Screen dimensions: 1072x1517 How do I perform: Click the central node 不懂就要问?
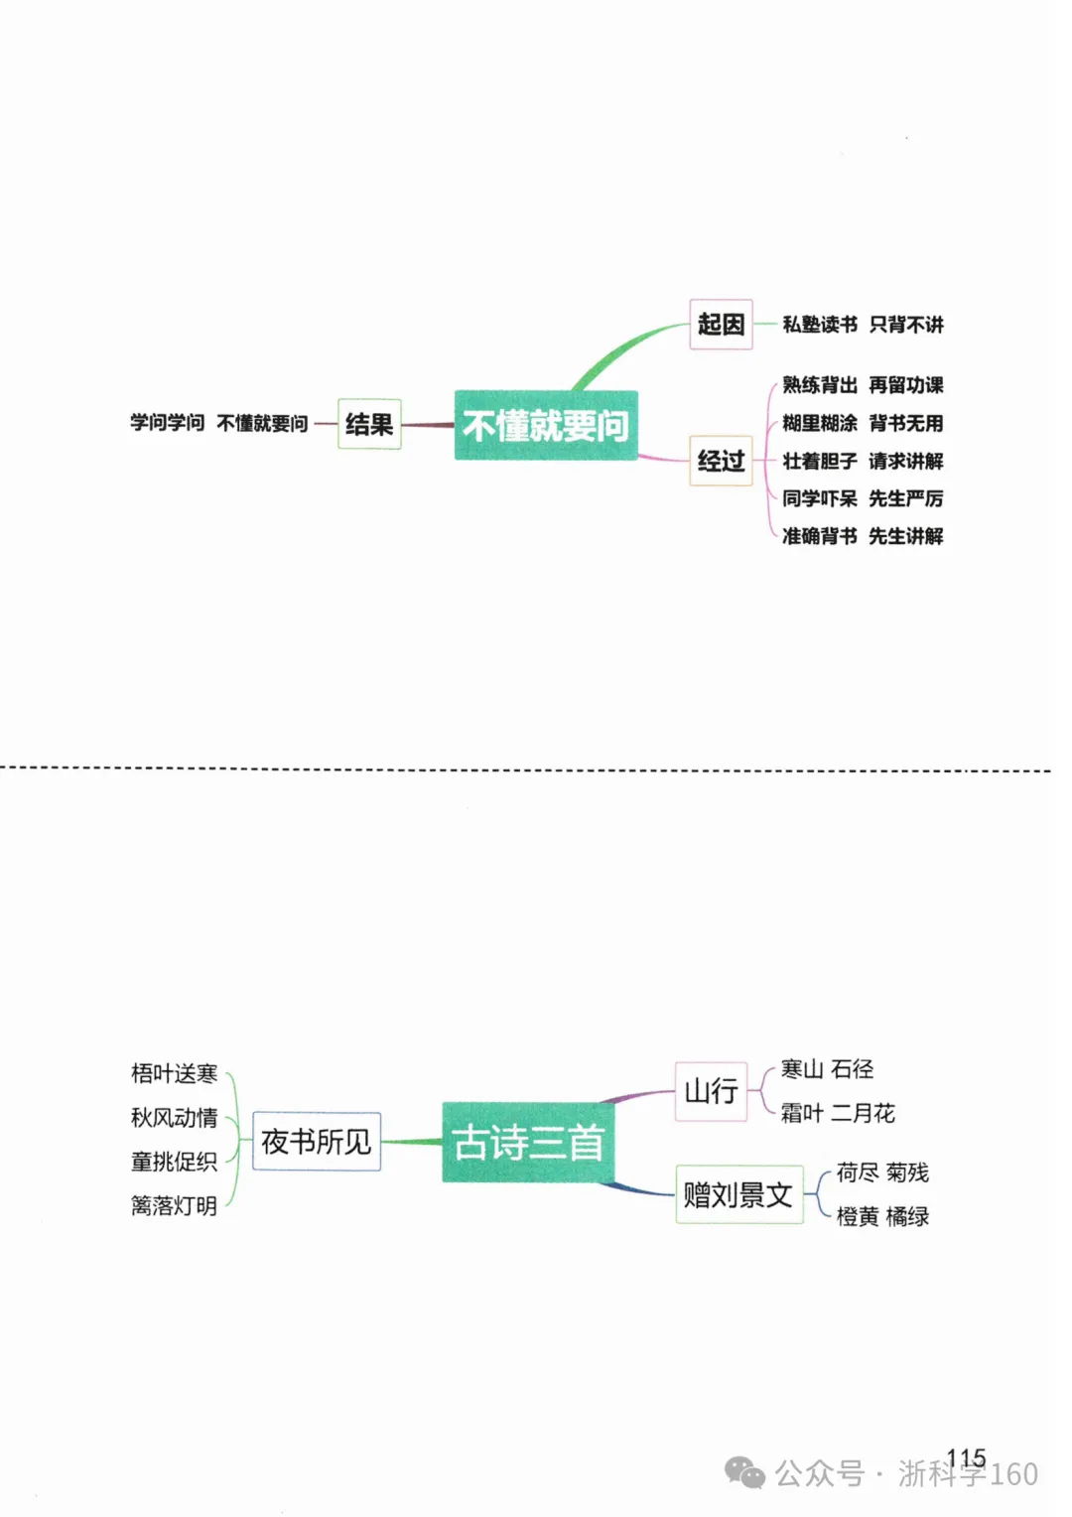pos(546,425)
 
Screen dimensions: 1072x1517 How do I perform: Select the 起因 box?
pos(721,325)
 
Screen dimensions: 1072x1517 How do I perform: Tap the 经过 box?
pos(721,461)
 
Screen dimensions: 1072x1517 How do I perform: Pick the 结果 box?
pos(369,424)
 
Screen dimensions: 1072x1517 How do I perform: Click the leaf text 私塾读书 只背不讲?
pos(863,325)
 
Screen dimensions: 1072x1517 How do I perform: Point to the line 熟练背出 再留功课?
pos(863,385)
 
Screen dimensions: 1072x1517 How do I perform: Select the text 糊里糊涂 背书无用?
pos(863,423)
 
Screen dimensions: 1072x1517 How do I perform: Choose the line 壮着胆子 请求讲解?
pos(863,462)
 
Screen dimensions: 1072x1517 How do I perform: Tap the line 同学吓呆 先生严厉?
pos(863,498)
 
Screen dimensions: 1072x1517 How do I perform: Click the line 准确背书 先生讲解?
pos(863,536)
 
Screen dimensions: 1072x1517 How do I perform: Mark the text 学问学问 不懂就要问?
pos(218,423)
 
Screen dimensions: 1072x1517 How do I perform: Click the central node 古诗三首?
pos(528,1142)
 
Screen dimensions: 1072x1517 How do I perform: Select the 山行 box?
pos(711,1091)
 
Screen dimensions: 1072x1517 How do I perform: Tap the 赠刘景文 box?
pos(739,1194)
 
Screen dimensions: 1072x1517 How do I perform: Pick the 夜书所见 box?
pos(317,1141)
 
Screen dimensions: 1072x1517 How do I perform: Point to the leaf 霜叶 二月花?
pos(838,1112)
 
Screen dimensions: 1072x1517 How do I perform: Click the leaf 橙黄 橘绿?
pos(882,1216)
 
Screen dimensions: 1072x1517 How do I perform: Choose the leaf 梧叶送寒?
pos(174,1073)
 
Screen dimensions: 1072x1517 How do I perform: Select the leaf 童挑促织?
pos(174,1162)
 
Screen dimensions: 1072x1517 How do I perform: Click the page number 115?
pos(966,1457)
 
